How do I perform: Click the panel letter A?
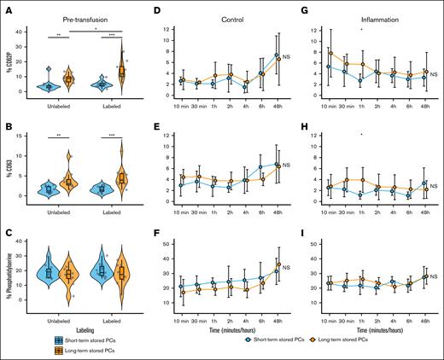pyautogui.click(x=8, y=9)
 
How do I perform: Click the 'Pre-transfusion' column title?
pyautogui.click(x=85, y=9)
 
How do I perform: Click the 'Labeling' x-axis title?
pyautogui.click(x=83, y=325)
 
